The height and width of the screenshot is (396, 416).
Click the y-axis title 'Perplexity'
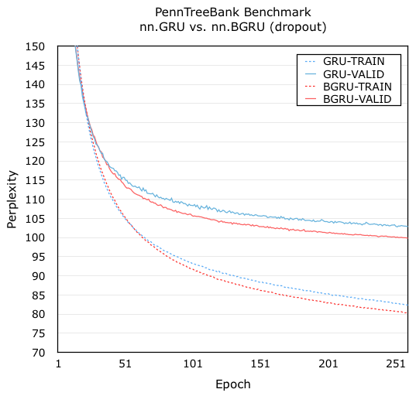(12, 199)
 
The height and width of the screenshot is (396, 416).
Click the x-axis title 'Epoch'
(232, 384)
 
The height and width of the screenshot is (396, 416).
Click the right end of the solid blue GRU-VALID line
(407, 227)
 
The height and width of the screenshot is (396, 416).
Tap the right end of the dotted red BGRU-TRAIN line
(407, 313)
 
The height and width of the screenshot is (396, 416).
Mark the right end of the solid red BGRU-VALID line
(407, 237)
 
